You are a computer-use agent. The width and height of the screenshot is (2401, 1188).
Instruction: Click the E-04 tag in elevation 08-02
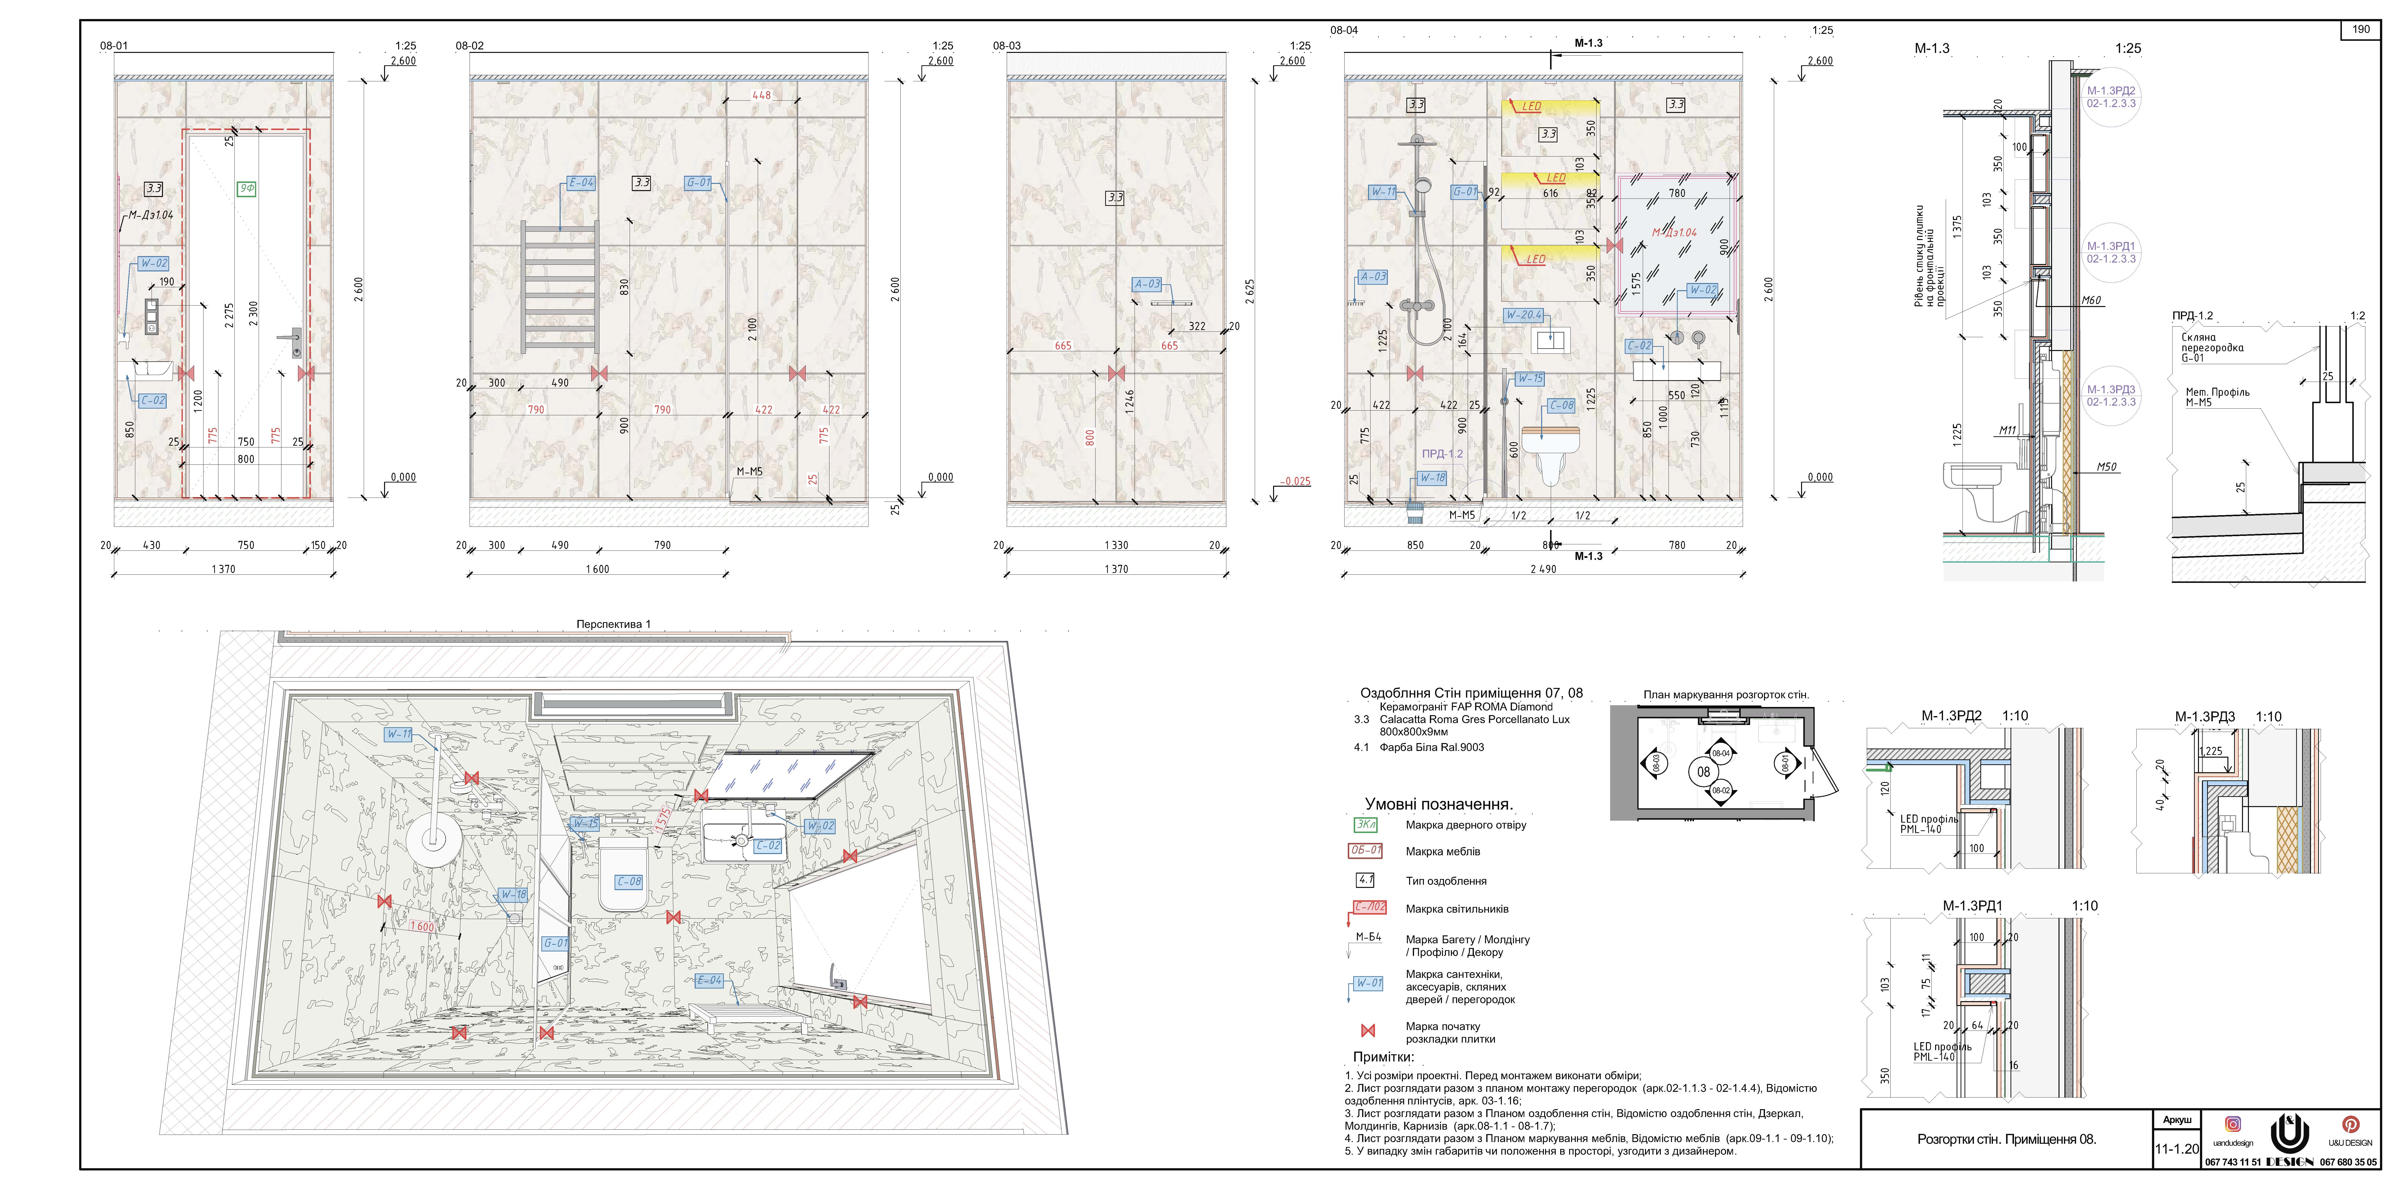(581, 183)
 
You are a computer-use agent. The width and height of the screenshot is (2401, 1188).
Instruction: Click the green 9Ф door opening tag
(246, 188)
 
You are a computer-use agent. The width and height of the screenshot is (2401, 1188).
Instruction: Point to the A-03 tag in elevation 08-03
(1146, 284)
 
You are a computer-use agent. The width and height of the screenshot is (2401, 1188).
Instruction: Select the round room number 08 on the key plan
(1703, 771)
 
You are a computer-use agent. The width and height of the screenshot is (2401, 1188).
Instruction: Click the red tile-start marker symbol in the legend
(1367, 1031)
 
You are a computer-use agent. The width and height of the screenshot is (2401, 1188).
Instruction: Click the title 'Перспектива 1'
(613, 624)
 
